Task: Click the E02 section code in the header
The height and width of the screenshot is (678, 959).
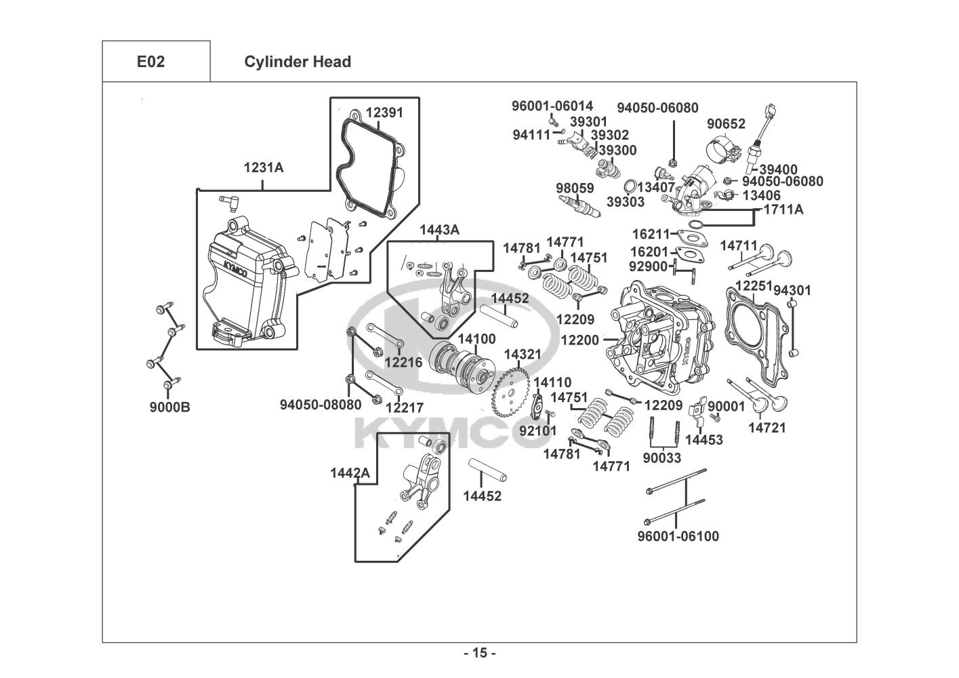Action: [x=150, y=62]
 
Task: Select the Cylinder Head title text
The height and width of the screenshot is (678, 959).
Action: [x=298, y=62]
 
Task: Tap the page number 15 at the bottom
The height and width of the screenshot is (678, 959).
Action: [x=480, y=654]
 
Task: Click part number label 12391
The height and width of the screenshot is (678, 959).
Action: [x=384, y=113]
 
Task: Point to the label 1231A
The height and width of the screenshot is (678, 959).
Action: [x=264, y=167]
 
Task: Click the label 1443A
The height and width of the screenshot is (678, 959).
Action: [x=439, y=230]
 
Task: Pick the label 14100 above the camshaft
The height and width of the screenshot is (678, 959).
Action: [x=476, y=339]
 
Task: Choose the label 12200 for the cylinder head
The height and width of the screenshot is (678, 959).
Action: [x=579, y=340]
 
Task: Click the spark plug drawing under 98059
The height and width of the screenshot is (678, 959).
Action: [x=579, y=205]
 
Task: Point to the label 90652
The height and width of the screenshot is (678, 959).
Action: [x=726, y=124]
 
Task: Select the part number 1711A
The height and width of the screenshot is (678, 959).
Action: [x=783, y=210]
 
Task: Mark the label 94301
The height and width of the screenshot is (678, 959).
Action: [x=792, y=290]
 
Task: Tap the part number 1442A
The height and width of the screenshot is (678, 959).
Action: [x=350, y=473]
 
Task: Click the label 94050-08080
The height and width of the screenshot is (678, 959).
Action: [x=321, y=405]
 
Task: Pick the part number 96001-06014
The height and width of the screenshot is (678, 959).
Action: [x=552, y=106]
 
